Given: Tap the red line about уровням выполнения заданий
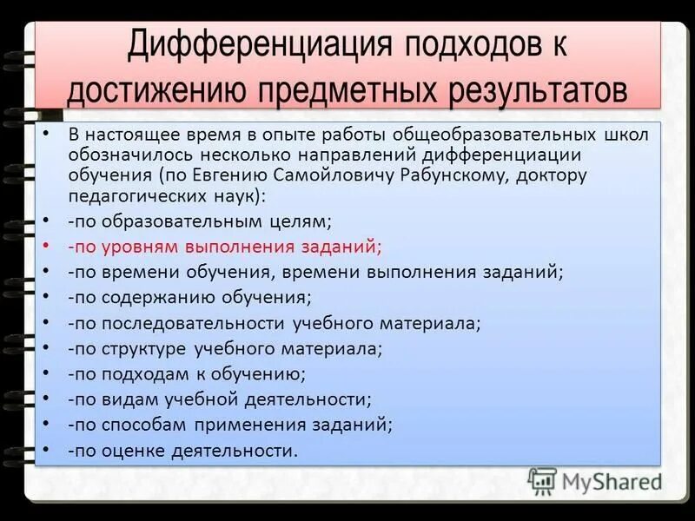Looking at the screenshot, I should pyautogui.click(x=225, y=246).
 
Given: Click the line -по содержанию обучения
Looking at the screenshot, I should pyautogui.click(x=189, y=297).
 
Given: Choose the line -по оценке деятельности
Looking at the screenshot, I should pyautogui.click(x=182, y=451).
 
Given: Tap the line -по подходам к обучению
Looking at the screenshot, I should pyautogui.click(x=186, y=374).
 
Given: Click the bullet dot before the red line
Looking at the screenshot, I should pyautogui.click(x=44, y=246).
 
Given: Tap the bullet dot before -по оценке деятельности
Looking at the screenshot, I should pyautogui.click(x=44, y=451).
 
